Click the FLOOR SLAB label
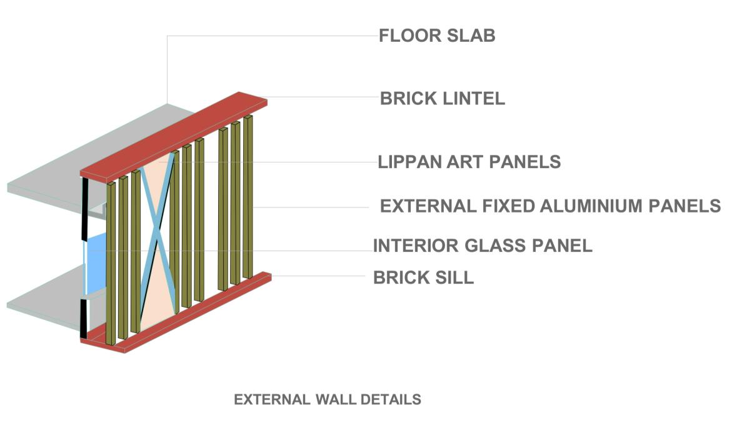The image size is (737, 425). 437,36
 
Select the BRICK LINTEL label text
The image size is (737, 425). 442,99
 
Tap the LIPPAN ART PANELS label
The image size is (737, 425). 469,162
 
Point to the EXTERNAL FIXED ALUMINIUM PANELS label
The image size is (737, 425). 550,206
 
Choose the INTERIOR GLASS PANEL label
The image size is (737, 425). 483,246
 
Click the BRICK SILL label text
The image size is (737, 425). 423,277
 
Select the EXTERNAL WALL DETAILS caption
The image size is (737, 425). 327,399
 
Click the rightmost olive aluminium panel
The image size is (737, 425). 248,196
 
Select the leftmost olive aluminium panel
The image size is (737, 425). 111,262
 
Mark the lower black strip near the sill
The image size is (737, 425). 83,319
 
